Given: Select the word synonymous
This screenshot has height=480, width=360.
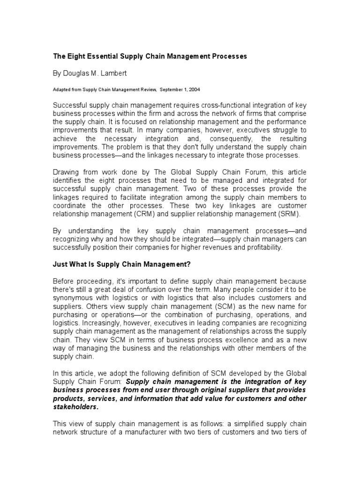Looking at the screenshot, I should (73, 298).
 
